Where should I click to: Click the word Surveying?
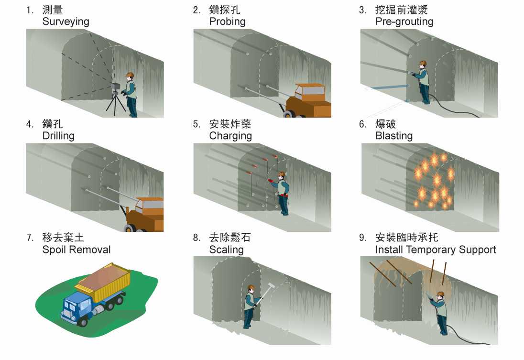66,22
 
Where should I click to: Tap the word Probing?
227,22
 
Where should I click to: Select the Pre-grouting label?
404,22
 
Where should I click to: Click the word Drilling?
58,136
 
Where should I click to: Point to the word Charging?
230,136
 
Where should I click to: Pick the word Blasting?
394,136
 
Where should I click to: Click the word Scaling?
226,250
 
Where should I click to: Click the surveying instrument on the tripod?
115,86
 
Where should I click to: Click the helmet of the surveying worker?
130,75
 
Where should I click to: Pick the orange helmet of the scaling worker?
251,287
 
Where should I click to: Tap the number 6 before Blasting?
362,124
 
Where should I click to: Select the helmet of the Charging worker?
282,174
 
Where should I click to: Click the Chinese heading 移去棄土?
63,237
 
